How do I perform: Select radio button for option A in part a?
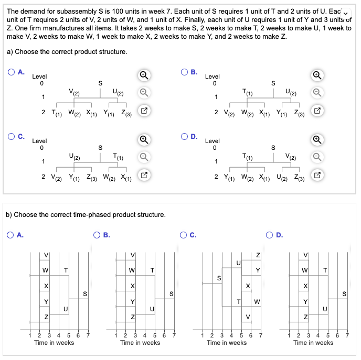coord(12,73)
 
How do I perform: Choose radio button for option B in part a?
coord(184,73)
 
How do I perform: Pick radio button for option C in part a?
coord(12,137)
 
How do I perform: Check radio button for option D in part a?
coord(184,137)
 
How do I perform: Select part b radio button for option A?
coord(12,235)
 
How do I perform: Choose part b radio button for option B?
coord(98,235)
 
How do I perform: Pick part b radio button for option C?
coord(184,235)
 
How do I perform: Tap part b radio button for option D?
coord(271,235)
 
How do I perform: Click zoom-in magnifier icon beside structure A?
coord(143,75)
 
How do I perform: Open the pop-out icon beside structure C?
coord(143,176)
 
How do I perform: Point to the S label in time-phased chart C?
coord(219,278)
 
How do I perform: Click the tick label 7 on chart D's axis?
coord(347,334)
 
